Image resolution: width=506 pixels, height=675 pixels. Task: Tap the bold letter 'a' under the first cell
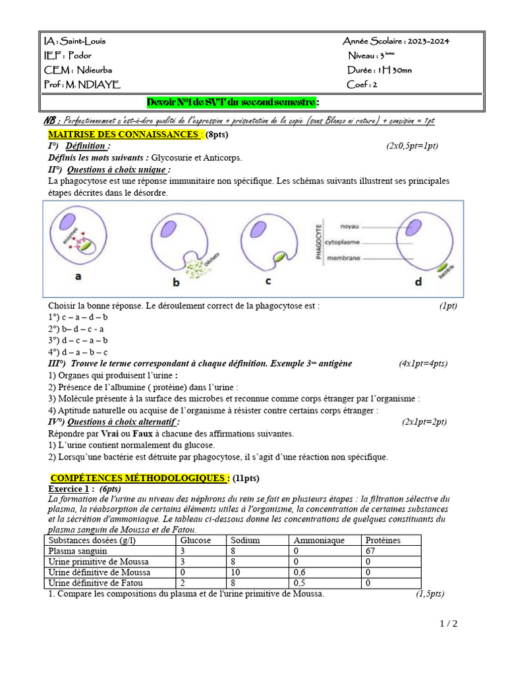tap(78, 278)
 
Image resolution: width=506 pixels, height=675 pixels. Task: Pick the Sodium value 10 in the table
tap(235, 573)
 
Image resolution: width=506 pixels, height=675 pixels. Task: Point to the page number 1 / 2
tap(448, 624)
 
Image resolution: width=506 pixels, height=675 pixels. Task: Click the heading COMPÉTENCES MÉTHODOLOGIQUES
tap(140, 478)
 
